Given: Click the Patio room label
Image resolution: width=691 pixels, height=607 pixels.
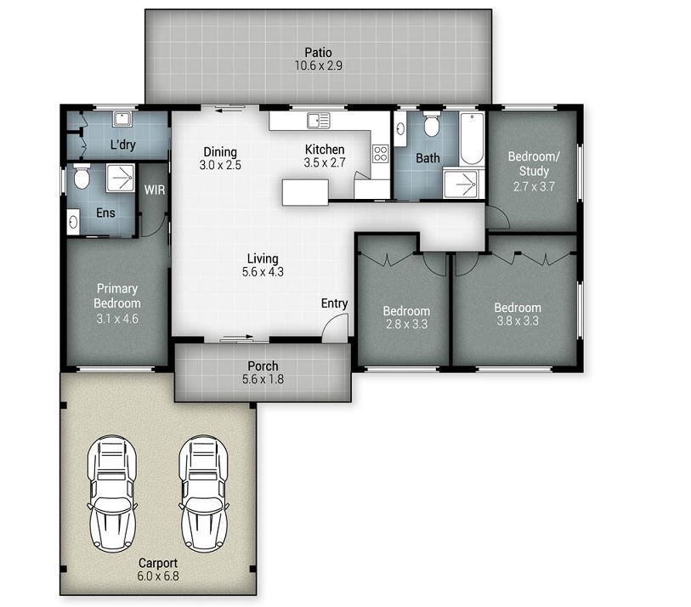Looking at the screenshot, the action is tap(318, 53).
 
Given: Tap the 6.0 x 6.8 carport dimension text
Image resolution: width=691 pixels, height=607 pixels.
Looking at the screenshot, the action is tap(158, 576).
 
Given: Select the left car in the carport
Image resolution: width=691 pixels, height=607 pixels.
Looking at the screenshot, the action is tap(112, 493).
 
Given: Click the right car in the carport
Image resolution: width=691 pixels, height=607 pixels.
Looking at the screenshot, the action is tap(204, 493).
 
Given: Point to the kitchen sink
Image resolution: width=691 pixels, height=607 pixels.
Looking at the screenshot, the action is tap(318, 121).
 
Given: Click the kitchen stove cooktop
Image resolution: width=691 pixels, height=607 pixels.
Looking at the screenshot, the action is tap(381, 154).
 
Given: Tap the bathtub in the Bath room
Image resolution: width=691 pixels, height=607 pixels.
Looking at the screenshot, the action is tap(472, 138).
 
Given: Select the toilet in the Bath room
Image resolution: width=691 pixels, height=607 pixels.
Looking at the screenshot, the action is tap(431, 125).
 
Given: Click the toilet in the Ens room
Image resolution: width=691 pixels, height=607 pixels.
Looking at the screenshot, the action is tap(82, 176).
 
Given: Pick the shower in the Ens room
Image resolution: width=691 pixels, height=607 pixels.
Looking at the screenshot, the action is tap(121, 178).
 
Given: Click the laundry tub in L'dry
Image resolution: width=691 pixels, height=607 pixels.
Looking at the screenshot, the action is tap(121, 119).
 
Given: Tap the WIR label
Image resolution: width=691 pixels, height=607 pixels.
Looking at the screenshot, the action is tap(155, 190).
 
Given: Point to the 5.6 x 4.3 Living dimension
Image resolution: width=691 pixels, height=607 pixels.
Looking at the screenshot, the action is tap(263, 272).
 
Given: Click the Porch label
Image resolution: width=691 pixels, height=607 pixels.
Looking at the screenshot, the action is tap(263, 366).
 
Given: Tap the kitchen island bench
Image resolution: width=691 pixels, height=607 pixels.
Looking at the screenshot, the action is tap(305, 192).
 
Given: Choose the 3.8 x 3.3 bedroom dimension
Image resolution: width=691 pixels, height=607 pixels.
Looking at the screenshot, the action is tap(518, 321).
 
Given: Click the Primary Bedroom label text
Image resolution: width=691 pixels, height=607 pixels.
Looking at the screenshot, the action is tap(117, 296).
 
